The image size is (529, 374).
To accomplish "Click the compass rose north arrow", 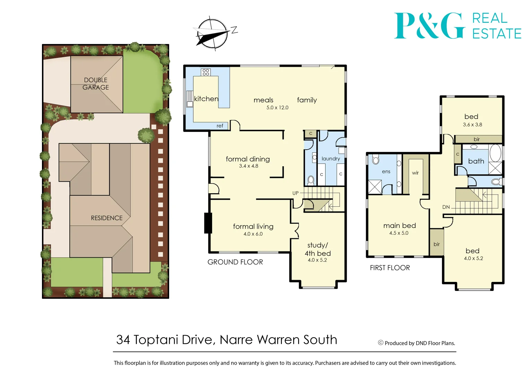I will (213, 34).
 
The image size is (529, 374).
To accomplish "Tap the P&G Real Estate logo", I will (458, 26).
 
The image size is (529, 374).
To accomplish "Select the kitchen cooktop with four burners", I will (206, 72).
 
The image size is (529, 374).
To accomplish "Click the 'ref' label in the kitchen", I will (220, 126).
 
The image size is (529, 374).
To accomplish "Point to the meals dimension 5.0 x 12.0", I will (277, 108).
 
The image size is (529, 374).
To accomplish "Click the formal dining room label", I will (248, 159).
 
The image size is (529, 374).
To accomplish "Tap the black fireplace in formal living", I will (208, 223).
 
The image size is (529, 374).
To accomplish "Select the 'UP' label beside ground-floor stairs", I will (295, 193).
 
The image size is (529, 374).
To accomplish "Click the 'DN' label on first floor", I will (446, 207).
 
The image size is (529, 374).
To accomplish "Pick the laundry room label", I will (331, 159).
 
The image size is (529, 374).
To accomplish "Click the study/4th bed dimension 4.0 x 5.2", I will (317, 260).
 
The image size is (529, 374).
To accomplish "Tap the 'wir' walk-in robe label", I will (415, 173).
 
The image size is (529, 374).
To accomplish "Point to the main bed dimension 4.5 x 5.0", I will (399, 233).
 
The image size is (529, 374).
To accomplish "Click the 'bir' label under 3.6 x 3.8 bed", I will (477, 139).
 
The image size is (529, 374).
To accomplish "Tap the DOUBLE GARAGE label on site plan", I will (96, 83).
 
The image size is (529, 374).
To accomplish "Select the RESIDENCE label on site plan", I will (107, 218).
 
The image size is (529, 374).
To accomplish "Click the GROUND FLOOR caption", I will (235, 262).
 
